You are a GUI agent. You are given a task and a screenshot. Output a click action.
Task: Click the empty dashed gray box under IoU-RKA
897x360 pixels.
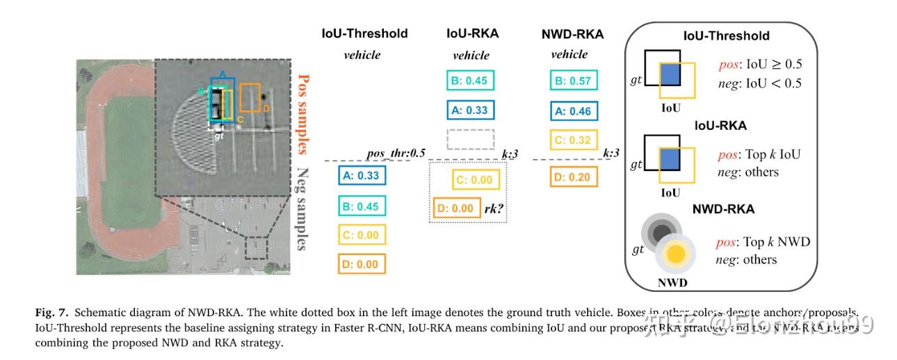point(471,139)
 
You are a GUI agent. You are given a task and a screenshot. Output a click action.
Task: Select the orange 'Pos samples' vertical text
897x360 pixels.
point(303,114)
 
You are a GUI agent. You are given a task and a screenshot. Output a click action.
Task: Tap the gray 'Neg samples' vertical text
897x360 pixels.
point(303,207)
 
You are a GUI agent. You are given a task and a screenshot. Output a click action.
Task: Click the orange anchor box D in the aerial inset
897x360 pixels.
point(250,97)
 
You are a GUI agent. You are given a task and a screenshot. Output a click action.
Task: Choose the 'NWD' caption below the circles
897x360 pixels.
point(672,284)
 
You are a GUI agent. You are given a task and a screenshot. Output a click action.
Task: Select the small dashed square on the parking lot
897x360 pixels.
point(257,248)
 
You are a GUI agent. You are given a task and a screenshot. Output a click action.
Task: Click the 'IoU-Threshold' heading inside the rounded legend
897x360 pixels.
point(726,35)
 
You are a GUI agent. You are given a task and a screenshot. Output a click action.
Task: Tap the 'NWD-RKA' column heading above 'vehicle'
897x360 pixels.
point(573,33)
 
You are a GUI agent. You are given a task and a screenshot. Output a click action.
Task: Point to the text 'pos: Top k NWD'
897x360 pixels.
point(763,243)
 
